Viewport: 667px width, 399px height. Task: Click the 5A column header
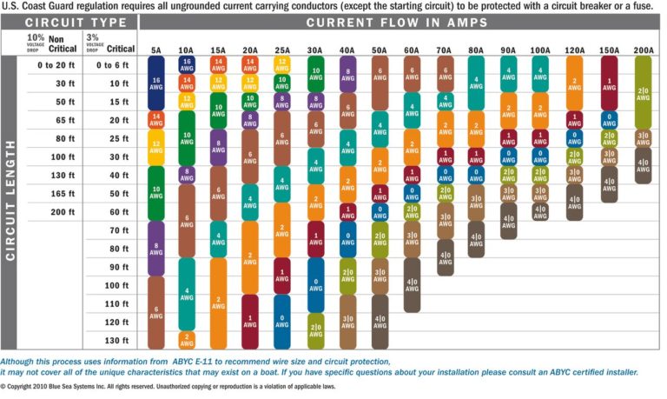coord(155,50)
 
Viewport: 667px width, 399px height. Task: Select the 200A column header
coord(643,50)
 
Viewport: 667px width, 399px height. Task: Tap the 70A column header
coord(444,50)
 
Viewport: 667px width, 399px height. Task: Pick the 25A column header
coord(281,50)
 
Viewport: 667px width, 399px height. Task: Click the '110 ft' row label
coord(116,303)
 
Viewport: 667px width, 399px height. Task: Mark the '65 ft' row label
coord(60,120)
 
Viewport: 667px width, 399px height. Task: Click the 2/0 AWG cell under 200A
coord(643,91)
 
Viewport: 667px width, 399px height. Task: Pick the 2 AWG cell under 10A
coord(187,340)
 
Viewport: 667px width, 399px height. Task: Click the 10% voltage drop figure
coord(35,39)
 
